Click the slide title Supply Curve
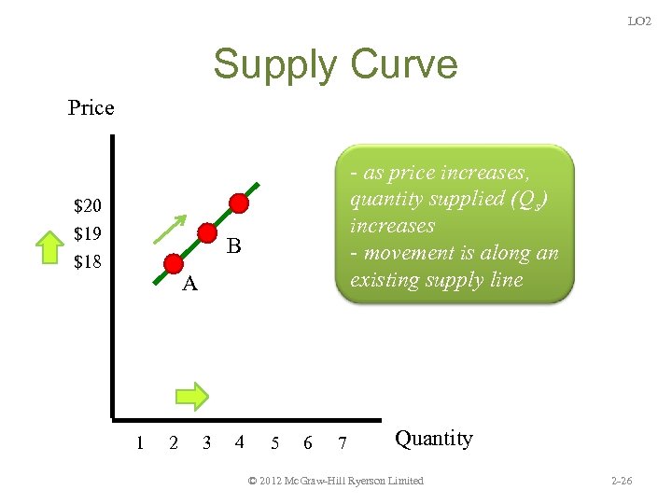tap(335, 64)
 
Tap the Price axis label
tap(91, 108)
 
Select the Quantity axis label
tap(434, 438)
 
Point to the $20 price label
tap(88, 205)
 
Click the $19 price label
tap(88, 232)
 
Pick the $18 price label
tap(88, 261)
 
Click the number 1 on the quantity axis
tap(140, 442)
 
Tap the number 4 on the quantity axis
tap(240, 442)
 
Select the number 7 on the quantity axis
tap(343, 442)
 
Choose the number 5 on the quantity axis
tap(274, 442)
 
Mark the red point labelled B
tap(207, 233)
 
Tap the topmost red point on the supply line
tap(240, 203)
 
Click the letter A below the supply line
tap(189, 285)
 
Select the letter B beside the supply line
tap(234, 247)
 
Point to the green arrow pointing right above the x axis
tap(192, 396)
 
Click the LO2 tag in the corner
tap(639, 21)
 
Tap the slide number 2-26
tap(621, 482)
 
